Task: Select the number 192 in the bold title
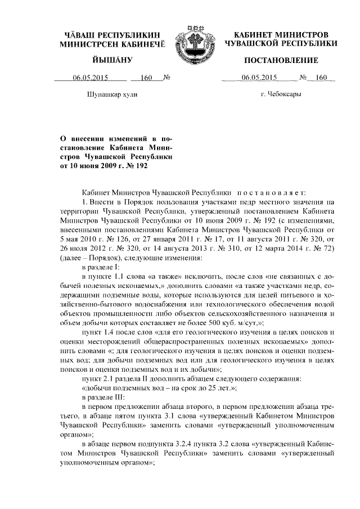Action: (145, 166)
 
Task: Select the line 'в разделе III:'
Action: (106, 397)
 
